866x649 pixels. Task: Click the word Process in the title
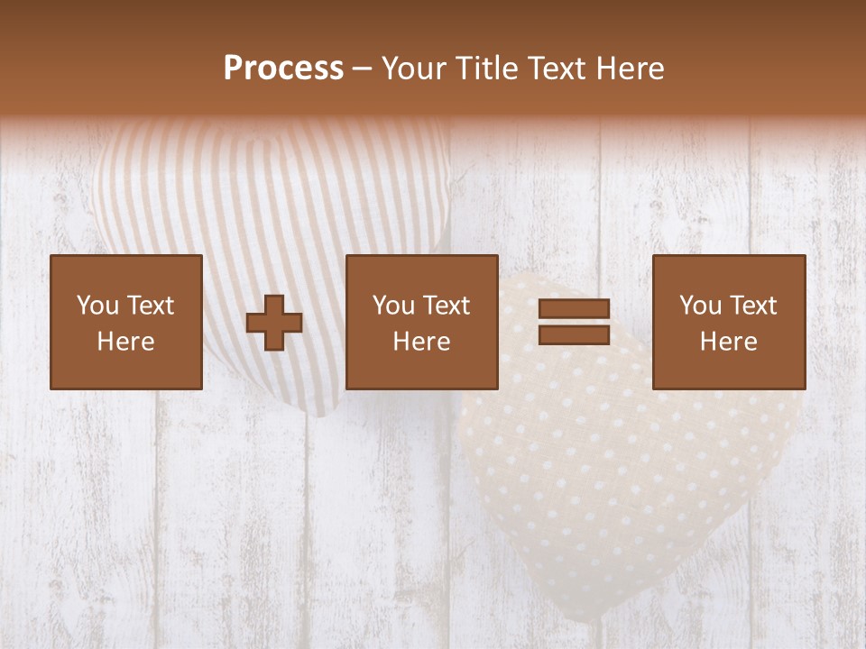(283, 69)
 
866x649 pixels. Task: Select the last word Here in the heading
(630, 69)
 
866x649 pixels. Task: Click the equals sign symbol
(574, 322)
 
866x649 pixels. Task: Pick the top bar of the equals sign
(574, 309)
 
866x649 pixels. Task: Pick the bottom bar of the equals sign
(574, 334)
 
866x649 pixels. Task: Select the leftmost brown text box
(125, 322)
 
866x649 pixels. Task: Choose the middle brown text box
(421, 322)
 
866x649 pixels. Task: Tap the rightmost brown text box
(728, 322)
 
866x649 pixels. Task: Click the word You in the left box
(97, 306)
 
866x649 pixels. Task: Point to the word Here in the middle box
(421, 342)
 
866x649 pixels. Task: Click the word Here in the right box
(728, 342)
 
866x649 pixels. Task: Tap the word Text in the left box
(151, 306)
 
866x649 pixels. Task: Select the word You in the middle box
(393, 306)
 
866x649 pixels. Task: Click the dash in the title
(363, 69)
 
